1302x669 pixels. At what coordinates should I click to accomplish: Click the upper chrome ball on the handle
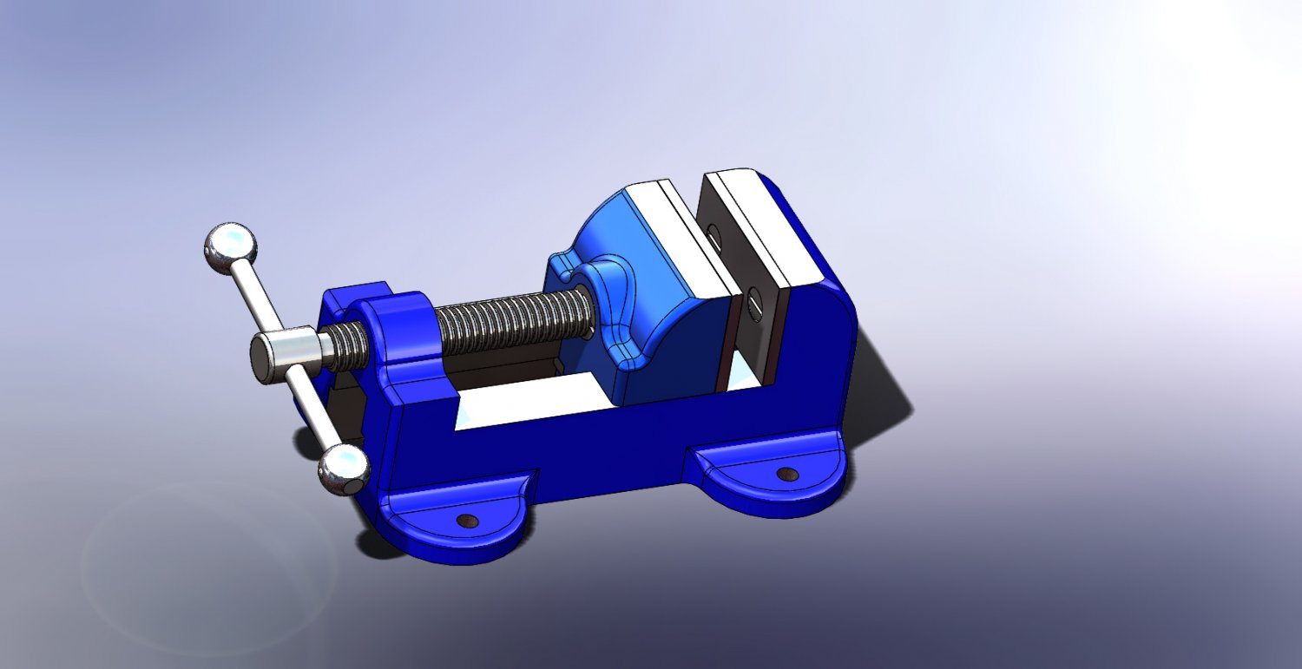pos(230,245)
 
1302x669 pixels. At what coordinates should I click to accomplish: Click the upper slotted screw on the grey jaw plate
pos(714,234)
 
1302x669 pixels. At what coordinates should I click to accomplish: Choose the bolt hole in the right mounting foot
pos(787,474)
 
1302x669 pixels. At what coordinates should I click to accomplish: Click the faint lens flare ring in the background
pos(208,564)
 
